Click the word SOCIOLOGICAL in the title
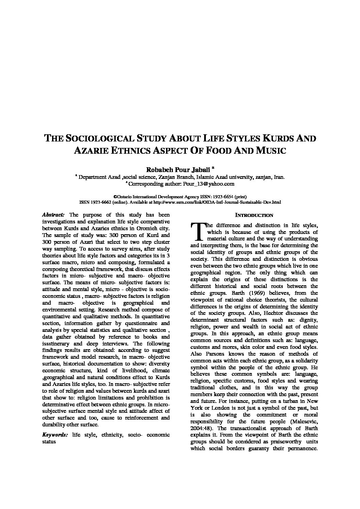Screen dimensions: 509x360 98,138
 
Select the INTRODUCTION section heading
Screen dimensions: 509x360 254,215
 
